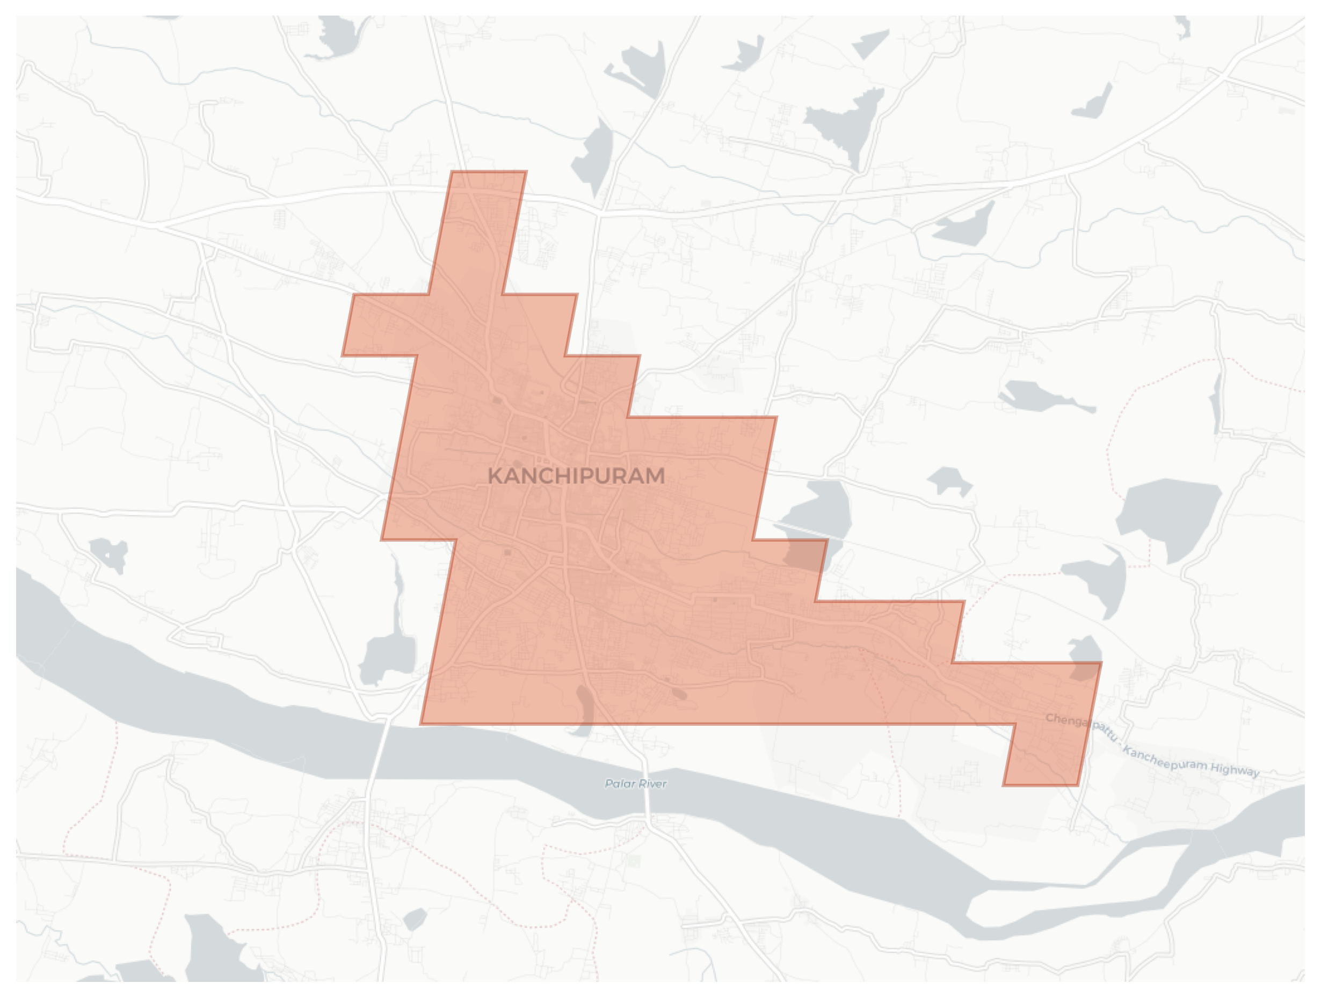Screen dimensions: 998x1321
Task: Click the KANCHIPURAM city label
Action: point(576,476)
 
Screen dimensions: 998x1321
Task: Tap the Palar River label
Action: point(635,784)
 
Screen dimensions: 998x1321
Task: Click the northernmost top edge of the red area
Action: point(489,172)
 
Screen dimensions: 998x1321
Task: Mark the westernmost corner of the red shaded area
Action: point(343,355)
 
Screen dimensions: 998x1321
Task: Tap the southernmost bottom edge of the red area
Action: point(1040,784)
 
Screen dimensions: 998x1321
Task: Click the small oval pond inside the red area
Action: point(679,694)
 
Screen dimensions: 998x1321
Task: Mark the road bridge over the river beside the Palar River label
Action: point(646,794)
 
